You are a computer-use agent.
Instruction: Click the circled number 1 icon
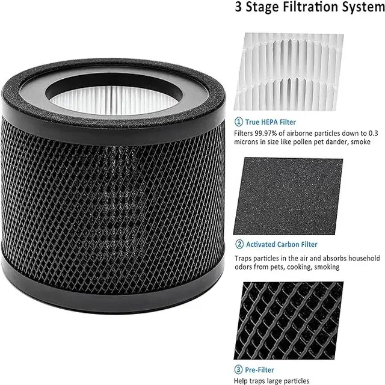tap(238, 122)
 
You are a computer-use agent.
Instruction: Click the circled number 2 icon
tap(238, 244)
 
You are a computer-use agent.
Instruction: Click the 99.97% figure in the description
tap(269, 132)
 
